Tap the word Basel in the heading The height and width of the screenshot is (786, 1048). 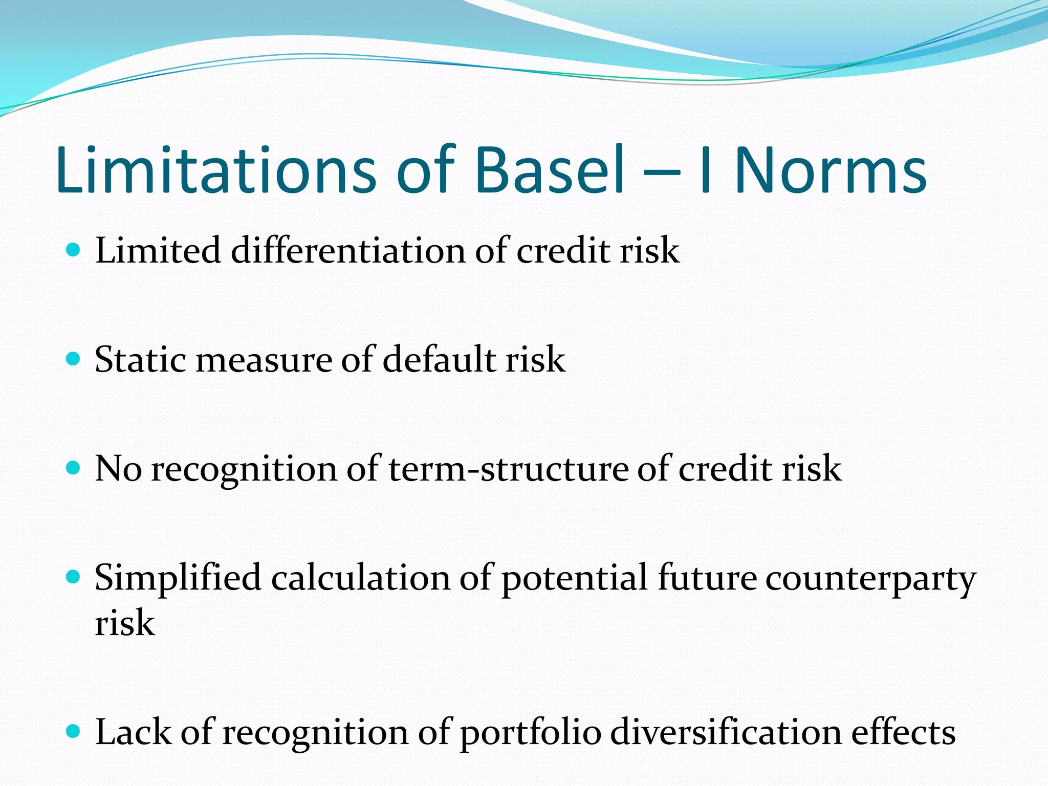point(550,170)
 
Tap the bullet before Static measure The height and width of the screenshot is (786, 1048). point(74,359)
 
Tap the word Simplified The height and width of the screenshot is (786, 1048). point(178,578)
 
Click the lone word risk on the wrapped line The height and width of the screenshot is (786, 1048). point(125,623)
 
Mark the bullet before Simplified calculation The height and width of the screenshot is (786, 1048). point(74,577)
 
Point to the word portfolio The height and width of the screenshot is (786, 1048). point(530,733)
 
